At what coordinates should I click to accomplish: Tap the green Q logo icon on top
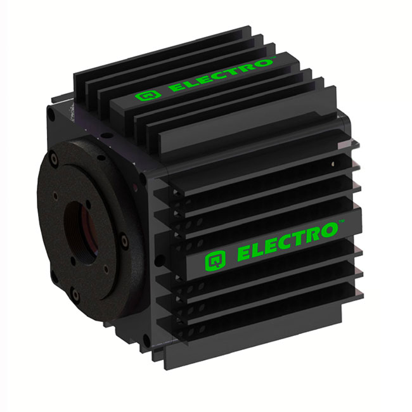click(x=145, y=97)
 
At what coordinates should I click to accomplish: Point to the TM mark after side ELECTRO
click(x=341, y=222)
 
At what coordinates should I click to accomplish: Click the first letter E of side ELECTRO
click(x=245, y=255)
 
